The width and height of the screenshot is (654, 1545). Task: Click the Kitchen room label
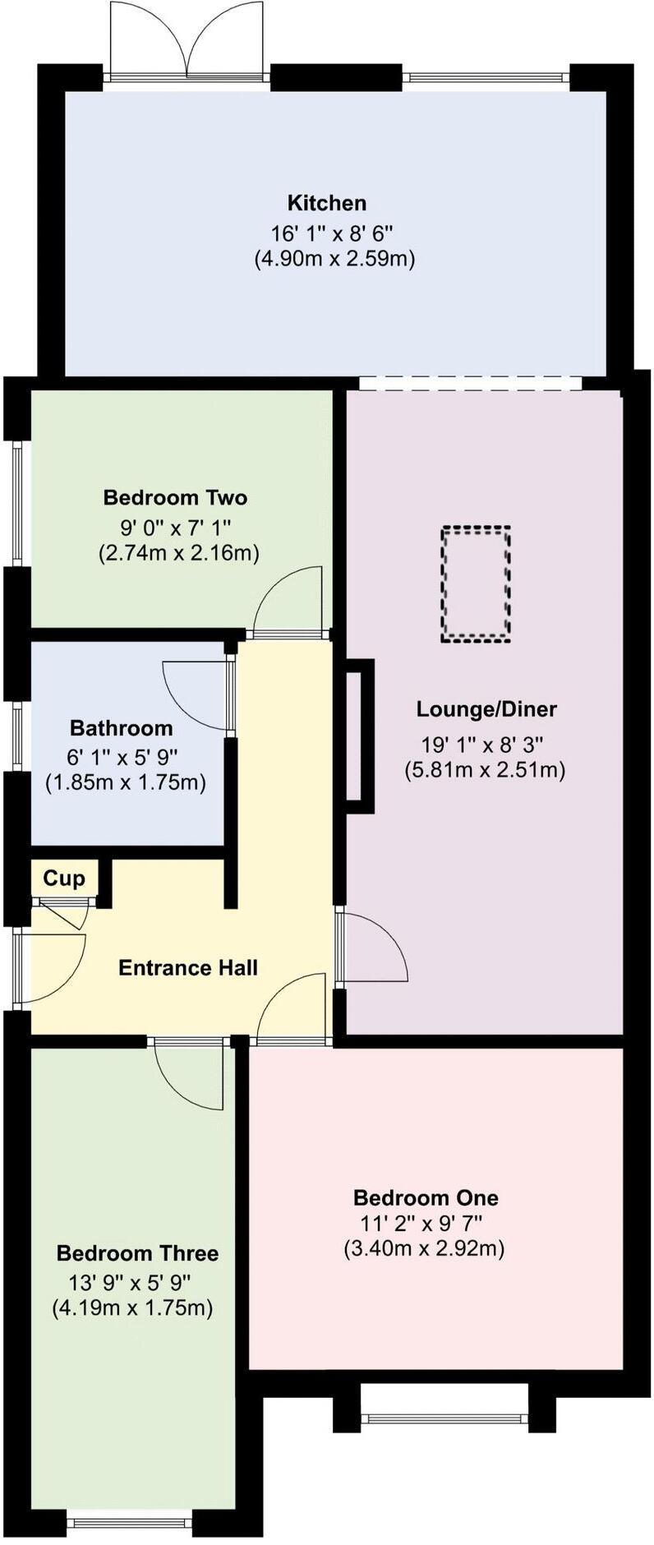[326, 203]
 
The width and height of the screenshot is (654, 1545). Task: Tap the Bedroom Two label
[175, 497]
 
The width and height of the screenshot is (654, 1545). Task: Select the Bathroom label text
[121, 728]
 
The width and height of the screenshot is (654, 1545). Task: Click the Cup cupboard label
[63, 879]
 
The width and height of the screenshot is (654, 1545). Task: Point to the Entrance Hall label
[188, 967]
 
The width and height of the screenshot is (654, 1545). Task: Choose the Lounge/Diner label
[486, 708]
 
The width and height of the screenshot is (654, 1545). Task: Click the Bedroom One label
[426, 1197]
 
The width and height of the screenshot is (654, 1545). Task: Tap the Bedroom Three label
[137, 1253]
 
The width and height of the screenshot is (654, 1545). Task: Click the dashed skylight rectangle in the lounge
[476, 584]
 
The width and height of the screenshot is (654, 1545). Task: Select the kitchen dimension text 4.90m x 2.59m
[334, 259]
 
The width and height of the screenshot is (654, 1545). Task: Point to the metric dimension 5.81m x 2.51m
[485, 770]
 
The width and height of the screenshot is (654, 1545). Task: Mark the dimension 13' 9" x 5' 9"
[131, 1280]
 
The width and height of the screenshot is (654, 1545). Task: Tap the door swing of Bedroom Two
[289, 600]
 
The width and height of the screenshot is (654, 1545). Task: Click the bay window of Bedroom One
[444, 1416]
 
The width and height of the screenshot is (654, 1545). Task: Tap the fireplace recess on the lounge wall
[359, 736]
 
